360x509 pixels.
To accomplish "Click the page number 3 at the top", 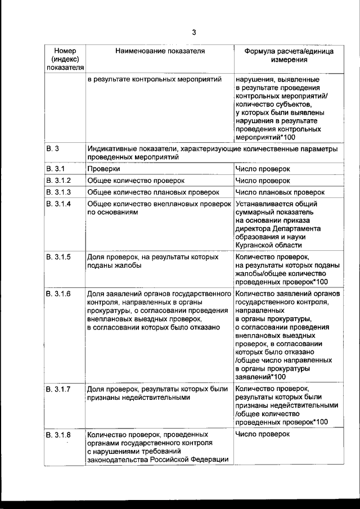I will [193, 32].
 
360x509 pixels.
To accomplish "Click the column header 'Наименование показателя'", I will [160, 51].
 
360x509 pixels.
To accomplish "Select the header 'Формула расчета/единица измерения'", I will [288, 55].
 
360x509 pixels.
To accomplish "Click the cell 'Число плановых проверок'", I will [280, 192].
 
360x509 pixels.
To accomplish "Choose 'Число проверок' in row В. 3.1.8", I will [263, 435].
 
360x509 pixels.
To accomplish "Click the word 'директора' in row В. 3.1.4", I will [254, 229].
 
